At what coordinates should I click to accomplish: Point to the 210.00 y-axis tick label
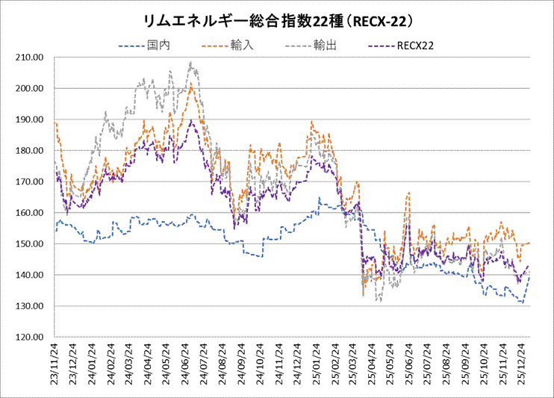point(31,57)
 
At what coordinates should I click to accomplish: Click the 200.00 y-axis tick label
point(31,88)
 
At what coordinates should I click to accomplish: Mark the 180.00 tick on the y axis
point(31,151)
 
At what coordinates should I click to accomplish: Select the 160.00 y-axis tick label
point(31,213)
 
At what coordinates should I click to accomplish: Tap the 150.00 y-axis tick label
point(31,244)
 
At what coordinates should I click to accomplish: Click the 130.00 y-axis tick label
point(31,306)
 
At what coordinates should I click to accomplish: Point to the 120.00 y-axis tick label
point(31,338)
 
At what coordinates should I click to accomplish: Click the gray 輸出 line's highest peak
point(191,63)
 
